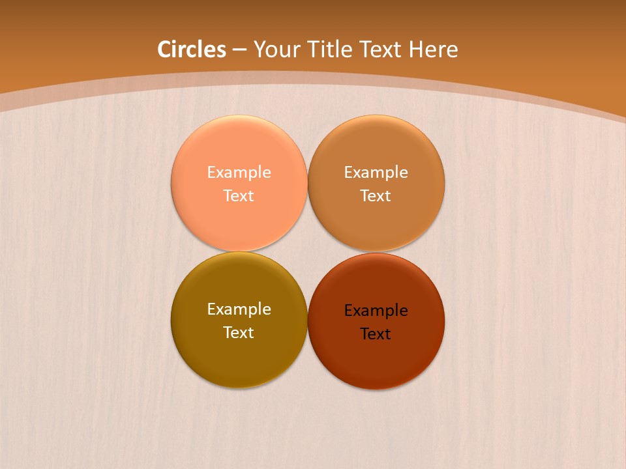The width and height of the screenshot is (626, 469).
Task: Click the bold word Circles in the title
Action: pos(192,50)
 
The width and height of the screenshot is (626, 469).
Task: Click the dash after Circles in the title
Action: pos(239,50)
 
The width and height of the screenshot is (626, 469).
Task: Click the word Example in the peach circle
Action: pos(239,173)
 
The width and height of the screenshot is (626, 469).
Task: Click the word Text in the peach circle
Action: pos(239,195)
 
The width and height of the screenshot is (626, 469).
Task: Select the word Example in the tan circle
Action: pos(376,173)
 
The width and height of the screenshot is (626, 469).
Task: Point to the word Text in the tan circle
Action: pos(376,195)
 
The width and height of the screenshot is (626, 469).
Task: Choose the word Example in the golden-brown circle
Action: pos(239,309)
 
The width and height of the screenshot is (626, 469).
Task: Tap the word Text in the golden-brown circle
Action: pos(239,332)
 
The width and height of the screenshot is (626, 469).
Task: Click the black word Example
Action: pos(376,311)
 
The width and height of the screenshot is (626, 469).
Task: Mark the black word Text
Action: pos(376,334)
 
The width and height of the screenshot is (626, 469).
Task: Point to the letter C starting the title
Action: pos(165,50)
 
